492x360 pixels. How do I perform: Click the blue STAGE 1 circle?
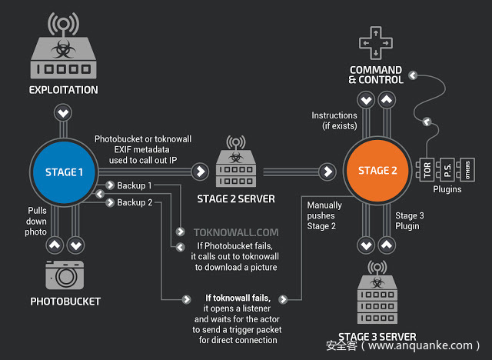(65, 172)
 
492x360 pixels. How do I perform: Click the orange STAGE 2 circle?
(377, 170)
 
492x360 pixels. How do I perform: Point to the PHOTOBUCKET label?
(65, 302)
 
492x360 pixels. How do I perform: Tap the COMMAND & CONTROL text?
(375, 75)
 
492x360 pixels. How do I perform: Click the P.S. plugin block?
(447, 166)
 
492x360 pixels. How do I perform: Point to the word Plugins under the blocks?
(447, 189)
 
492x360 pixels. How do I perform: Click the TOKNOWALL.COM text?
(226, 231)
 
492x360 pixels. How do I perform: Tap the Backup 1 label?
(135, 186)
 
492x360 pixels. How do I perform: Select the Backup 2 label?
(135, 202)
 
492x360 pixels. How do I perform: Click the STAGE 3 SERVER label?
(377, 337)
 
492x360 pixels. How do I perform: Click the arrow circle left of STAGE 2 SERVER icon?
(201, 171)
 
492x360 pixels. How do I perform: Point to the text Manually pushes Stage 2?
(322, 216)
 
